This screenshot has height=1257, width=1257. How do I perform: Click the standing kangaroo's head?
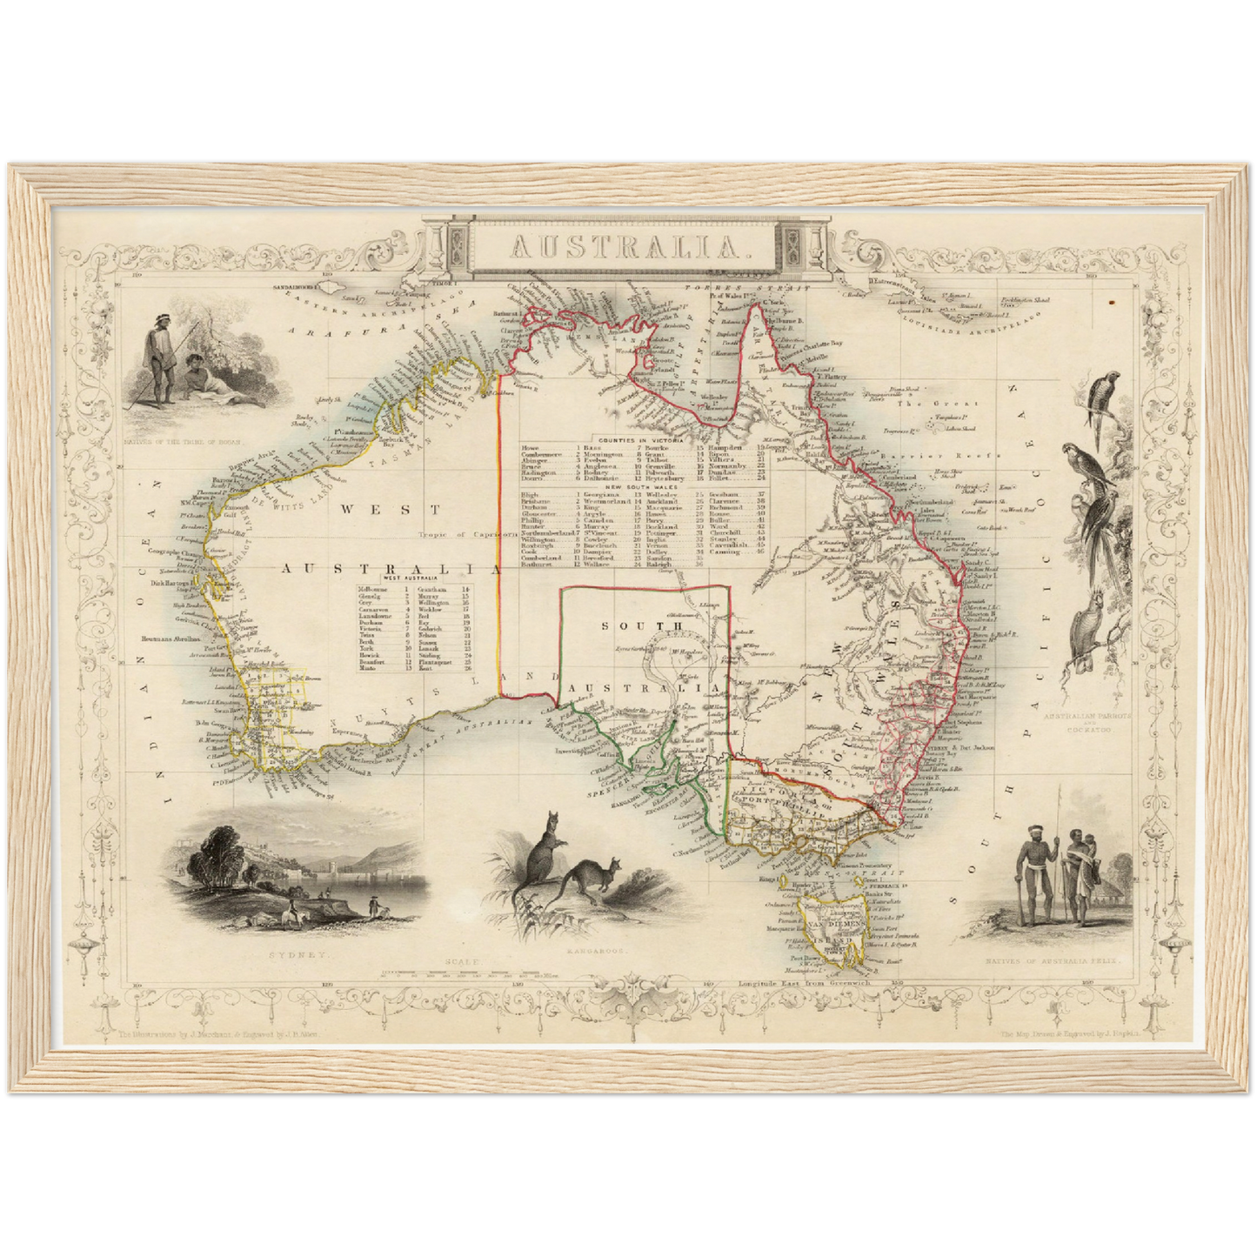point(551,819)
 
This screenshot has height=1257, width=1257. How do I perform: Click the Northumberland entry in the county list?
point(545,533)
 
